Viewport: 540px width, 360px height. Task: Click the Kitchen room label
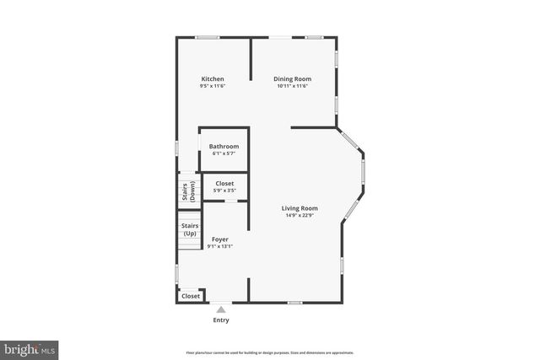[x=213, y=79]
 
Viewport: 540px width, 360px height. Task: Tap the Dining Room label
[x=293, y=79]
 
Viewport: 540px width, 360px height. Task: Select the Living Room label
[x=300, y=208]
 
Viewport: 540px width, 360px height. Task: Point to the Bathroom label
[x=224, y=147]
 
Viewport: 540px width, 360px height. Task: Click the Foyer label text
[x=219, y=239]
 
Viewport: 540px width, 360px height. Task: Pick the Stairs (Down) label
[x=187, y=191]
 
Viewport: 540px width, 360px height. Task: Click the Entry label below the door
[x=221, y=320]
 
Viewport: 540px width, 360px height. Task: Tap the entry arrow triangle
[x=221, y=309]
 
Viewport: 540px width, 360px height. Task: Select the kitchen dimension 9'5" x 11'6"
[x=213, y=86]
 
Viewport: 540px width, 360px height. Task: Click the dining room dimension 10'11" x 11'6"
[x=293, y=86]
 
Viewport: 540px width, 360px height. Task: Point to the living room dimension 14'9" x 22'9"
[x=300, y=215]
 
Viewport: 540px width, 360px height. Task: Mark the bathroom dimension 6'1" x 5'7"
[x=224, y=153]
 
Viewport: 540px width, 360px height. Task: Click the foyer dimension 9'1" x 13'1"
[x=219, y=247]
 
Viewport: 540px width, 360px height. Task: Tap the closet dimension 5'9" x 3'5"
[x=224, y=191]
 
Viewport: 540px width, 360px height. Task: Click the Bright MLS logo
[x=30, y=348]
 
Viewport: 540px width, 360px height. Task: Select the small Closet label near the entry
[x=191, y=296]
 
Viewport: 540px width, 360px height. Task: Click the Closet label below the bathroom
[x=224, y=184]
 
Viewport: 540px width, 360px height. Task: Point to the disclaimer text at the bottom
[x=270, y=352]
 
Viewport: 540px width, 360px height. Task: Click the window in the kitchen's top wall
[x=208, y=37]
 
